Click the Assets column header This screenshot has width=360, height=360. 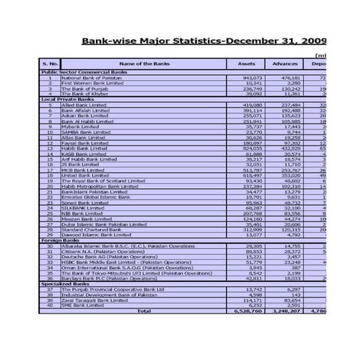(x=246, y=64)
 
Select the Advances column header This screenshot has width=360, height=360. (x=285, y=64)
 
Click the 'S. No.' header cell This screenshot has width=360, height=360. (x=49, y=64)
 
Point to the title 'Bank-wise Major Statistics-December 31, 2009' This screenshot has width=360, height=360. (x=204, y=41)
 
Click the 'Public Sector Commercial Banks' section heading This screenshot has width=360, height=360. (x=84, y=73)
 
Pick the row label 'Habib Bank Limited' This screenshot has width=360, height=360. (x=82, y=148)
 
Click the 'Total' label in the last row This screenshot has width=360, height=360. (x=144, y=311)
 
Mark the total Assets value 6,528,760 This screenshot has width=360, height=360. (x=249, y=311)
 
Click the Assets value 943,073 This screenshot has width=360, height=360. (x=252, y=78)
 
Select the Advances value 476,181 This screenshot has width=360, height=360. (x=290, y=78)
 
